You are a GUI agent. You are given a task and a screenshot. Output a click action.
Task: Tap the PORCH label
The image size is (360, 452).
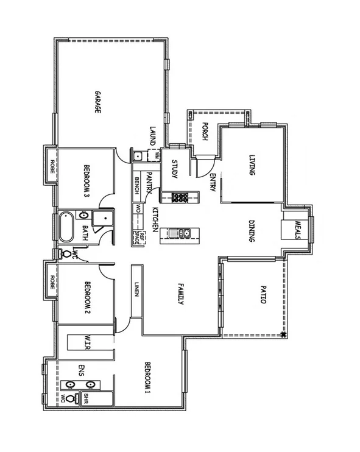pyautogui.click(x=205, y=131)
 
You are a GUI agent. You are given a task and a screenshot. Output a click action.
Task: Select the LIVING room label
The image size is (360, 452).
pyautogui.click(x=251, y=165)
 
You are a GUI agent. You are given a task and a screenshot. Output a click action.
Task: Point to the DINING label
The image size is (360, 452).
pyautogui.click(x=251, y=231)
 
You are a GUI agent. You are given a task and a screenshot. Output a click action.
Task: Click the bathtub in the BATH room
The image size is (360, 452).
pyautogui.click(x=66, y=228)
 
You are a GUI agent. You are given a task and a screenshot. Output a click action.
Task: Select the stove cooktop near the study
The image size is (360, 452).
pyautogui.click(x=181, y=197)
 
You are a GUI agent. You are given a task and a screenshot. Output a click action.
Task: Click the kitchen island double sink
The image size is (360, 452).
pyautogui.click(x=184, y=232)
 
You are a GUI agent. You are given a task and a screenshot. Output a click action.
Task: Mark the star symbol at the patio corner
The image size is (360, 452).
pyautogui.click(x=283, y=334)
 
